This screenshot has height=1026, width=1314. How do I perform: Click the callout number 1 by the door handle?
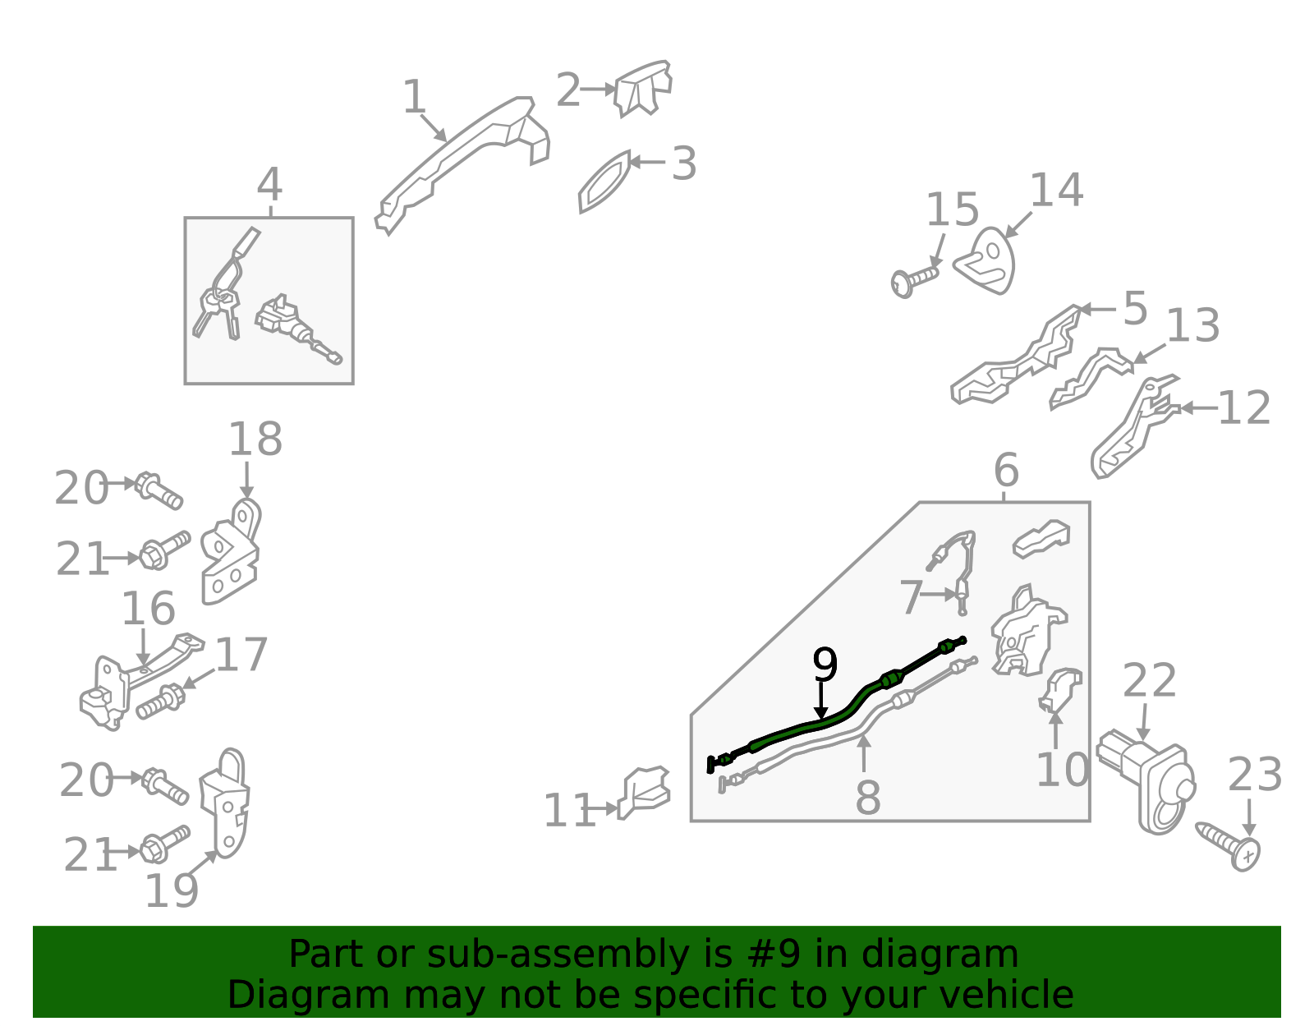coord(414,96)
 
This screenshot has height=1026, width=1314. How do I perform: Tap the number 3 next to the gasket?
coord(685,163)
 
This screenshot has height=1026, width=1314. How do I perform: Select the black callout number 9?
coord(825,665)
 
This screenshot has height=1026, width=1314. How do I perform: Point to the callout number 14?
coord(1056,191)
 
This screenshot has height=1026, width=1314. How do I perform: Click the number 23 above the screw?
coord(1255,775)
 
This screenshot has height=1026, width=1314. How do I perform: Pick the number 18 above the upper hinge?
coord(255,439)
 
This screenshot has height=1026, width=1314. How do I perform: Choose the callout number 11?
coord(569,810)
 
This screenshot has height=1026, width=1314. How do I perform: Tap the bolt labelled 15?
coord(914,281)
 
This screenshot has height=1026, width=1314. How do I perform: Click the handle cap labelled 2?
coord(643,88)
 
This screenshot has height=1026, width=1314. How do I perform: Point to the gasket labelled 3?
coord(604,182)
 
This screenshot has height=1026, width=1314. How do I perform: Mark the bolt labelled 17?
coord(161,701)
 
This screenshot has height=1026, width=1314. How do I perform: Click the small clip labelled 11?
coord(643,791)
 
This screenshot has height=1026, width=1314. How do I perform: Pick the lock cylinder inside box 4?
coord(297,329)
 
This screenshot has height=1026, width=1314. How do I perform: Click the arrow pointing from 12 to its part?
coord(1199,408)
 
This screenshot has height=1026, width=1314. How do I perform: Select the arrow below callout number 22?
coord(1143,722)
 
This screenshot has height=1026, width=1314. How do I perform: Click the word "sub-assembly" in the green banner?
coord(558,955)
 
